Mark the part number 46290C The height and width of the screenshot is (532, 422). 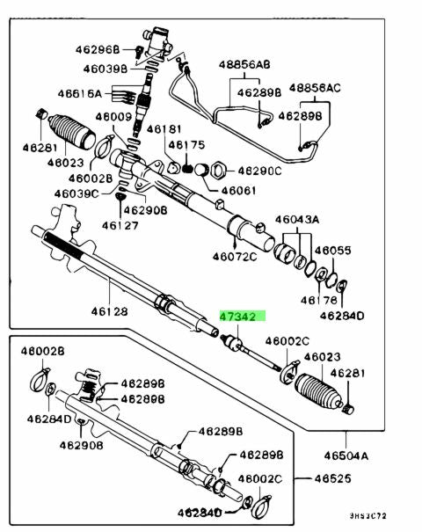[258, 171]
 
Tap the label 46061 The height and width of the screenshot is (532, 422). [239, 189]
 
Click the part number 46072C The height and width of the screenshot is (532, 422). [234, 257]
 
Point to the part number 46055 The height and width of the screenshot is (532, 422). [333, 250]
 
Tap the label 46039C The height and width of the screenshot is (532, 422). [76, 193]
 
